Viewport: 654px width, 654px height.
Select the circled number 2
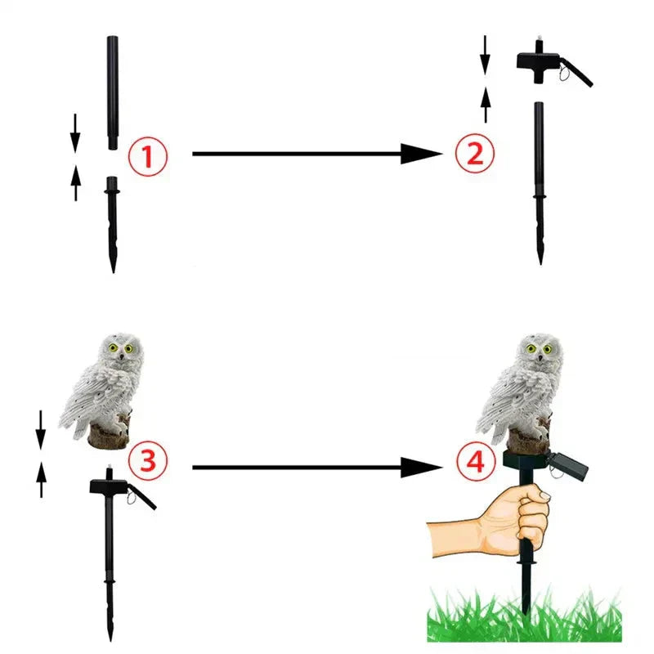point(475,154)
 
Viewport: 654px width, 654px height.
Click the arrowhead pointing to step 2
point(421,153)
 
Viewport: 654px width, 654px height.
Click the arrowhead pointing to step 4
point(421,468)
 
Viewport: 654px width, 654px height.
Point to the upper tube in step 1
point(112,90)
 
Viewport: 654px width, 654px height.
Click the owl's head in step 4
point(540,351)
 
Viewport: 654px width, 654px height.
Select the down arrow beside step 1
point(75,133)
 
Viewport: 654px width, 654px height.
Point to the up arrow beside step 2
point(486,105)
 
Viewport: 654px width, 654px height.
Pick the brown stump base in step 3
point(109,437)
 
